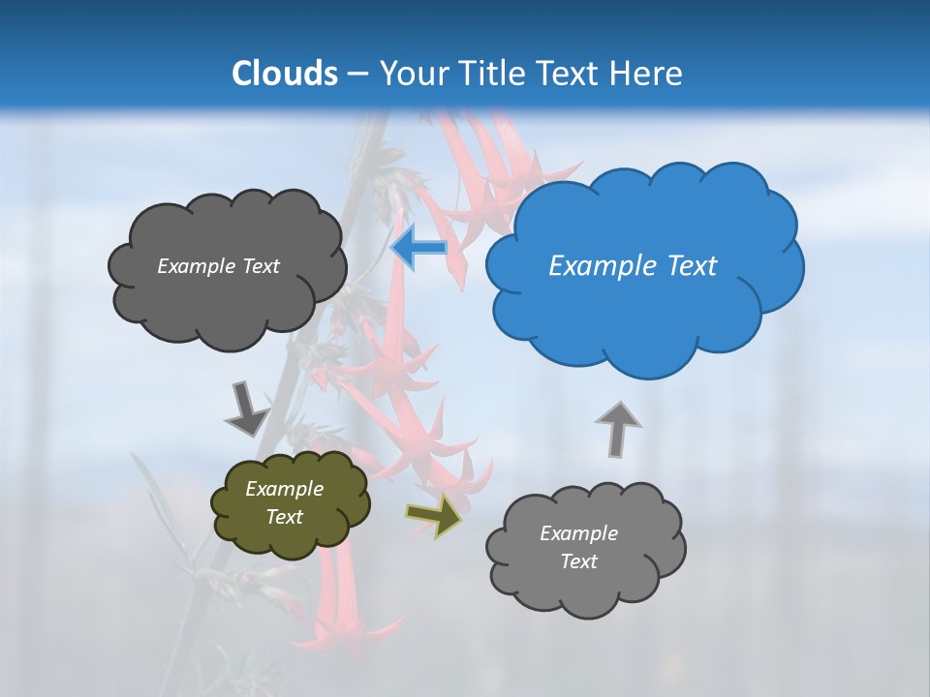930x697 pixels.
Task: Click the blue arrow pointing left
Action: pyautogui.click(x=418, y=248)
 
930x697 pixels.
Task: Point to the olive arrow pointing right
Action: pyautogui.click(x=435, y=514)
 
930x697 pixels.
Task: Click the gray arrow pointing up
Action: pyautogui.click(x=617, y=428)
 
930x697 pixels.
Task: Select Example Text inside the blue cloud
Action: pyautogui.click(x=633, y=266)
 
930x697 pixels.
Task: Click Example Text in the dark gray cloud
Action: pyautogui.click(x=218, y=266)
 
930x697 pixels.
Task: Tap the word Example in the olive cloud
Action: pyautogui.click(x=284, y=489)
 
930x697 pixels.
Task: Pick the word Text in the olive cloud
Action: pyautogui.click(x=284, y=517)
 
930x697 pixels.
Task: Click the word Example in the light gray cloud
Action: pyautogui.click(x=578, y=533)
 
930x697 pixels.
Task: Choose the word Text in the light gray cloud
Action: pyautogui.click(x=578, y=561)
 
